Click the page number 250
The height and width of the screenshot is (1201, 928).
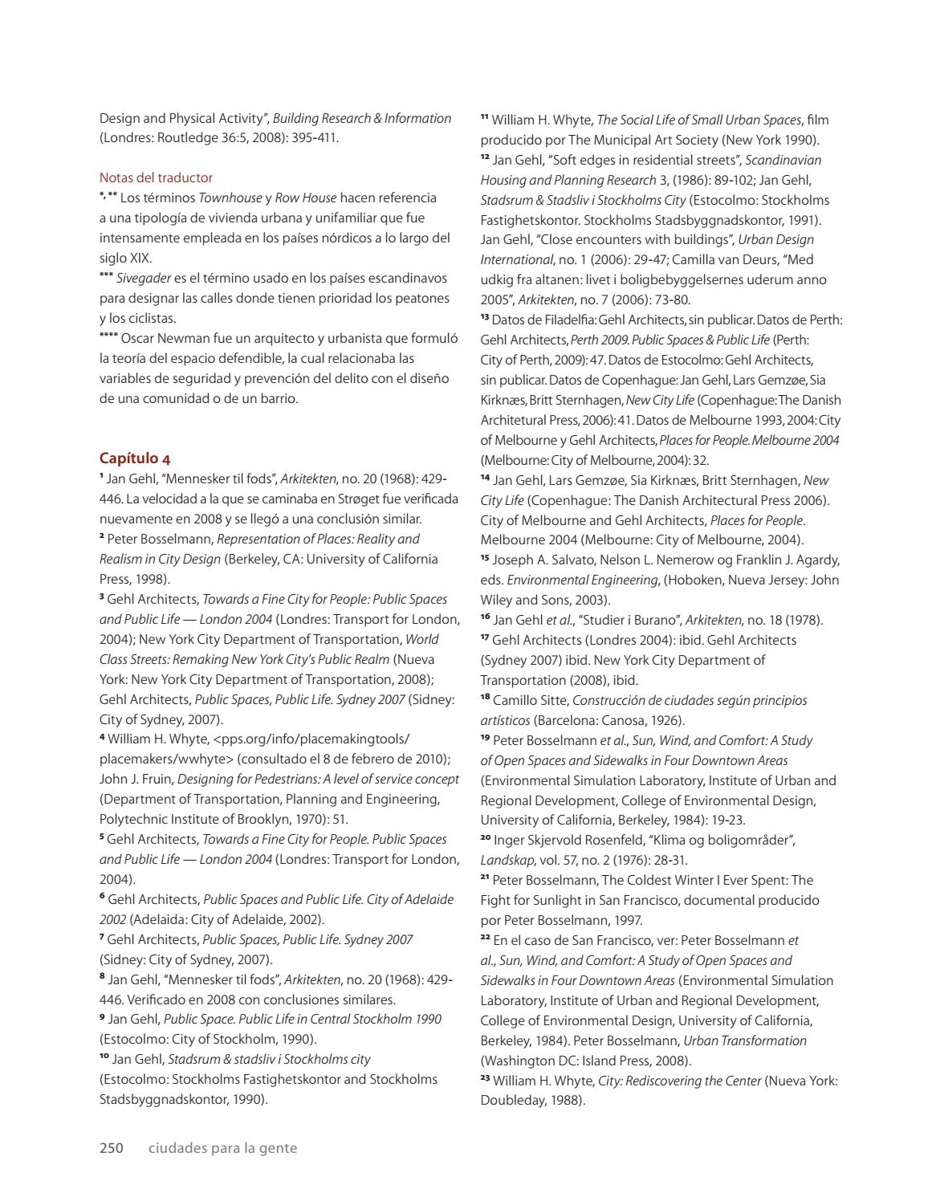click(111, 1148)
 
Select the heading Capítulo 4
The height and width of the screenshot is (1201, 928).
click(135, 458)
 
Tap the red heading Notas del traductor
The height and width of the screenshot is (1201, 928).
click(156, 177)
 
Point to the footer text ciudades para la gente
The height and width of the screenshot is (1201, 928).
click(222, 1148)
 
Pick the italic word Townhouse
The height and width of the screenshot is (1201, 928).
click(230, 197)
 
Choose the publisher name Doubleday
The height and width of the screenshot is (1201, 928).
click(513, 1101)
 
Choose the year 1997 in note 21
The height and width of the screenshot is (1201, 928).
click(625, 920)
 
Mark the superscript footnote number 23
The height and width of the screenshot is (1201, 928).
click(485, 1079)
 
